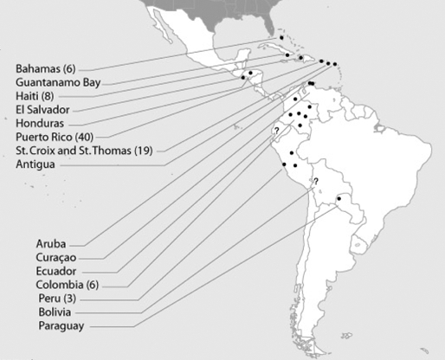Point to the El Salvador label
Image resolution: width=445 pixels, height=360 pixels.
click(42, 110)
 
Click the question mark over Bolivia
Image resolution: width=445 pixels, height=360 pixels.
click(316, 181)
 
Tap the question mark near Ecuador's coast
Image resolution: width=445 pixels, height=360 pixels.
click(275, 131)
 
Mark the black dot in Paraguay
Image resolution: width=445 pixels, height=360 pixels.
click(339, 199)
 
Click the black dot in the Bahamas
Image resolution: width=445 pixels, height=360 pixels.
click(281, 39)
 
